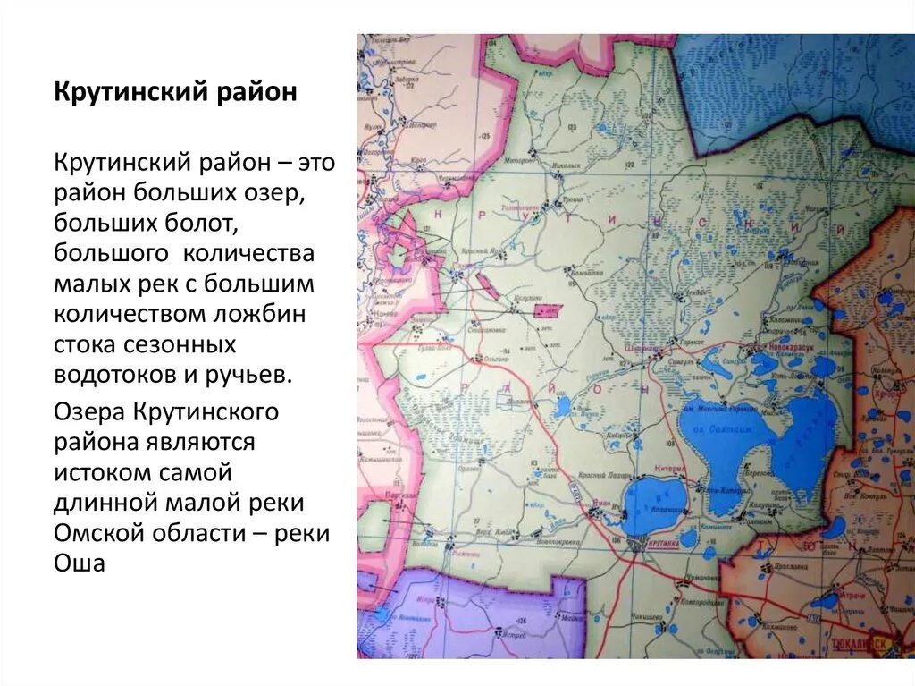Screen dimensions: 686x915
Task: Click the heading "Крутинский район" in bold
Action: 175,94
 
